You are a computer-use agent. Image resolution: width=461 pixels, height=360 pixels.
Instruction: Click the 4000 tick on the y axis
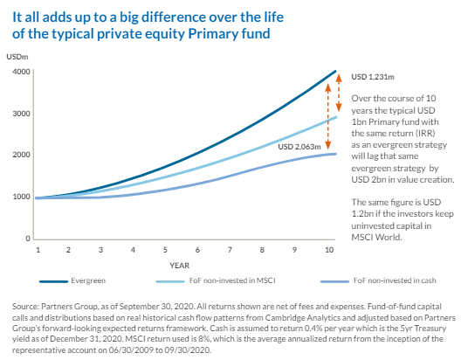point(21,72)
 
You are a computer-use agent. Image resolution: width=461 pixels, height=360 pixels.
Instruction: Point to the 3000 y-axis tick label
point(21,114)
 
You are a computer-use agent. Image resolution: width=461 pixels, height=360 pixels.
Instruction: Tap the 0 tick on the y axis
point(28,239)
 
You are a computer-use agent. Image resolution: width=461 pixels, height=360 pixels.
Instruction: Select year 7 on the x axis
point(230,250)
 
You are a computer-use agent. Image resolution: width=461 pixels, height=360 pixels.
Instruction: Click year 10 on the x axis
point(329,250)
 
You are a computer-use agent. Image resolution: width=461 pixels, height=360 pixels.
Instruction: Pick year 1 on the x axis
point(38,250)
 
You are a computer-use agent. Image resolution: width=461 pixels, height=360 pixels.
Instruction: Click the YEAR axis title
point(179,266)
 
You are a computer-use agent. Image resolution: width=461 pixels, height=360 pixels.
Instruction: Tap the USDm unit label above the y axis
point(17,57)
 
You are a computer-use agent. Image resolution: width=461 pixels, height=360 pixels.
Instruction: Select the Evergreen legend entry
point(72,280)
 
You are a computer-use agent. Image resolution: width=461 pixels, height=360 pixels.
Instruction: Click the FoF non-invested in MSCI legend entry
point(216,280)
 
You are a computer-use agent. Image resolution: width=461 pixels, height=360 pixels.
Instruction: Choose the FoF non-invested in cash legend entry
point(378,280)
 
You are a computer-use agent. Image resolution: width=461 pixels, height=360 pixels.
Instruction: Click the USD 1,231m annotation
point(373,77)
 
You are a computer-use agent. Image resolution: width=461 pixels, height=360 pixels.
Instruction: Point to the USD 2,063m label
point(299,147)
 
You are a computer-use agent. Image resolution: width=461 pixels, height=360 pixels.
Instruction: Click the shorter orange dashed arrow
point(339,93)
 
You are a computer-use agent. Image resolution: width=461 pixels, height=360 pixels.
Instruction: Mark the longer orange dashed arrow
point(328,116)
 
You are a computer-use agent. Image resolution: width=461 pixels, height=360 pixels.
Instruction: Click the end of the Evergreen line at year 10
point(335,71)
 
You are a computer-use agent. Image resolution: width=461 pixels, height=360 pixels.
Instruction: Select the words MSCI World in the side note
point(376,237)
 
